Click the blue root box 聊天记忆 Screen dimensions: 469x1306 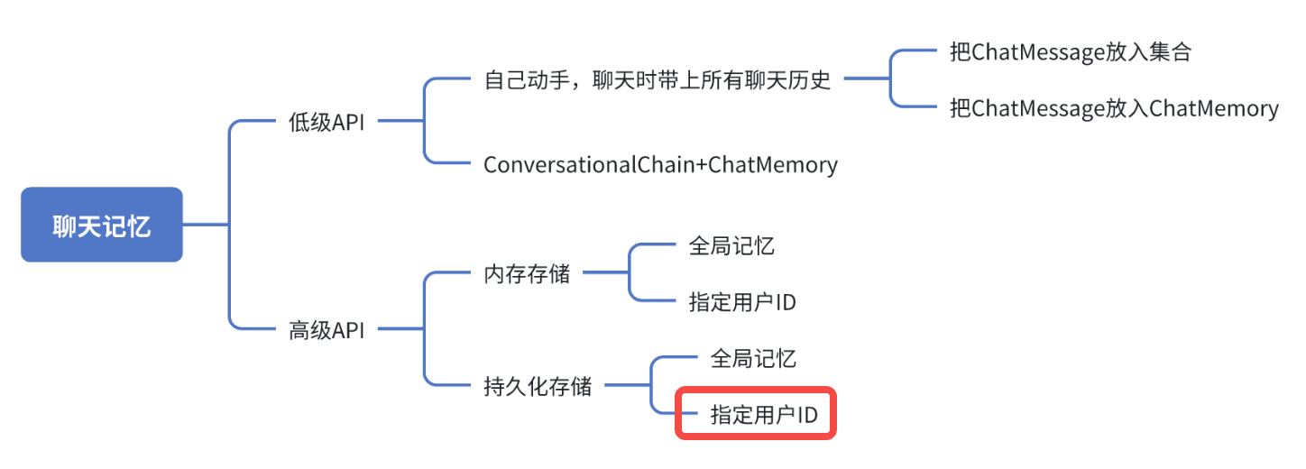[102, 225]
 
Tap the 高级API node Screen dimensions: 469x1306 [326, 330]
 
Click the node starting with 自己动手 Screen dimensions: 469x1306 [657, 80]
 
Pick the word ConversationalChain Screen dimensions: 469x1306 [593, 165]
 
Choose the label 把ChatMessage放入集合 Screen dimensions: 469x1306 [1071, 51]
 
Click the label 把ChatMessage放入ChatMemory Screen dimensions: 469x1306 [1114, 109]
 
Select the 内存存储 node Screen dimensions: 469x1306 [527, 274]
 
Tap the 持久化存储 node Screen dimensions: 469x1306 [538, 387]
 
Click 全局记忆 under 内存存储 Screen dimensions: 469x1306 [731, 245]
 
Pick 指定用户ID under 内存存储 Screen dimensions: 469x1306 [742, 302]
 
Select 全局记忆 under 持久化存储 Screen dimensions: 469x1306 [753, 359]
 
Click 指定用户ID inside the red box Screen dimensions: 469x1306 [764, 415]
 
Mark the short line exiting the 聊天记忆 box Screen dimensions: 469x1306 [206, 225]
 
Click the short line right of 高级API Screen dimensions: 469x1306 [399, 330]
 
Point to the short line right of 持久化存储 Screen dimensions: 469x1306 [626, 387]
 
